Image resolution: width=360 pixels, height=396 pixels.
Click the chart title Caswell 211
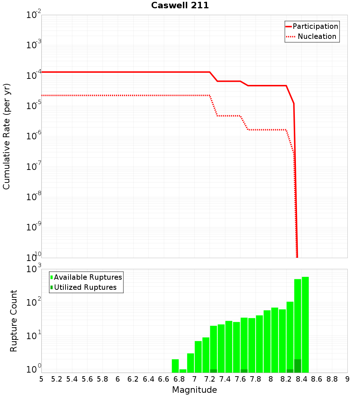coord(180,6)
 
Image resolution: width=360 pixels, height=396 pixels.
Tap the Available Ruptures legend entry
coord(87,277)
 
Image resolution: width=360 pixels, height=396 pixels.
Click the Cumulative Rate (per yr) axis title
coord(6,136)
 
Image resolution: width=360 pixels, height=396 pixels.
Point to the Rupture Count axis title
coord(14,321)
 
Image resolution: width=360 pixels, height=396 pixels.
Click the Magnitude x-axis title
coord(194,390)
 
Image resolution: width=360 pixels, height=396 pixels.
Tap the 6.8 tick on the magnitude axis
coord(179,379)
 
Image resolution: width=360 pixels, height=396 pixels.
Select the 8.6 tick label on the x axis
coord(317,379)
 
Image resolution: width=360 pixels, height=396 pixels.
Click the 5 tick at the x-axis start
coord(41,379)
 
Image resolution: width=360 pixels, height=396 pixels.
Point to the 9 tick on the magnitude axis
coord(347,379)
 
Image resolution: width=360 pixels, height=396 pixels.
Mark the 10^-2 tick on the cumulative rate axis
coord(34,15)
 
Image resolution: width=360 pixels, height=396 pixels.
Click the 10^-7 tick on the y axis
coord(34,167)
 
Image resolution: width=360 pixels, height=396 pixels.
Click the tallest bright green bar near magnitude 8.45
coord(305,324)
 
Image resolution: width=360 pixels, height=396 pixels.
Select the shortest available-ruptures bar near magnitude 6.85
coord(183,371)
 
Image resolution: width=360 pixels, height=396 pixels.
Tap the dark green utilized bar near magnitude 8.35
coord(298,366)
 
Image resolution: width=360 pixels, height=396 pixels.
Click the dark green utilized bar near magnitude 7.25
coord(213,371)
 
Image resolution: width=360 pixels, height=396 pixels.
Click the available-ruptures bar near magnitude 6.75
coord(175,366)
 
